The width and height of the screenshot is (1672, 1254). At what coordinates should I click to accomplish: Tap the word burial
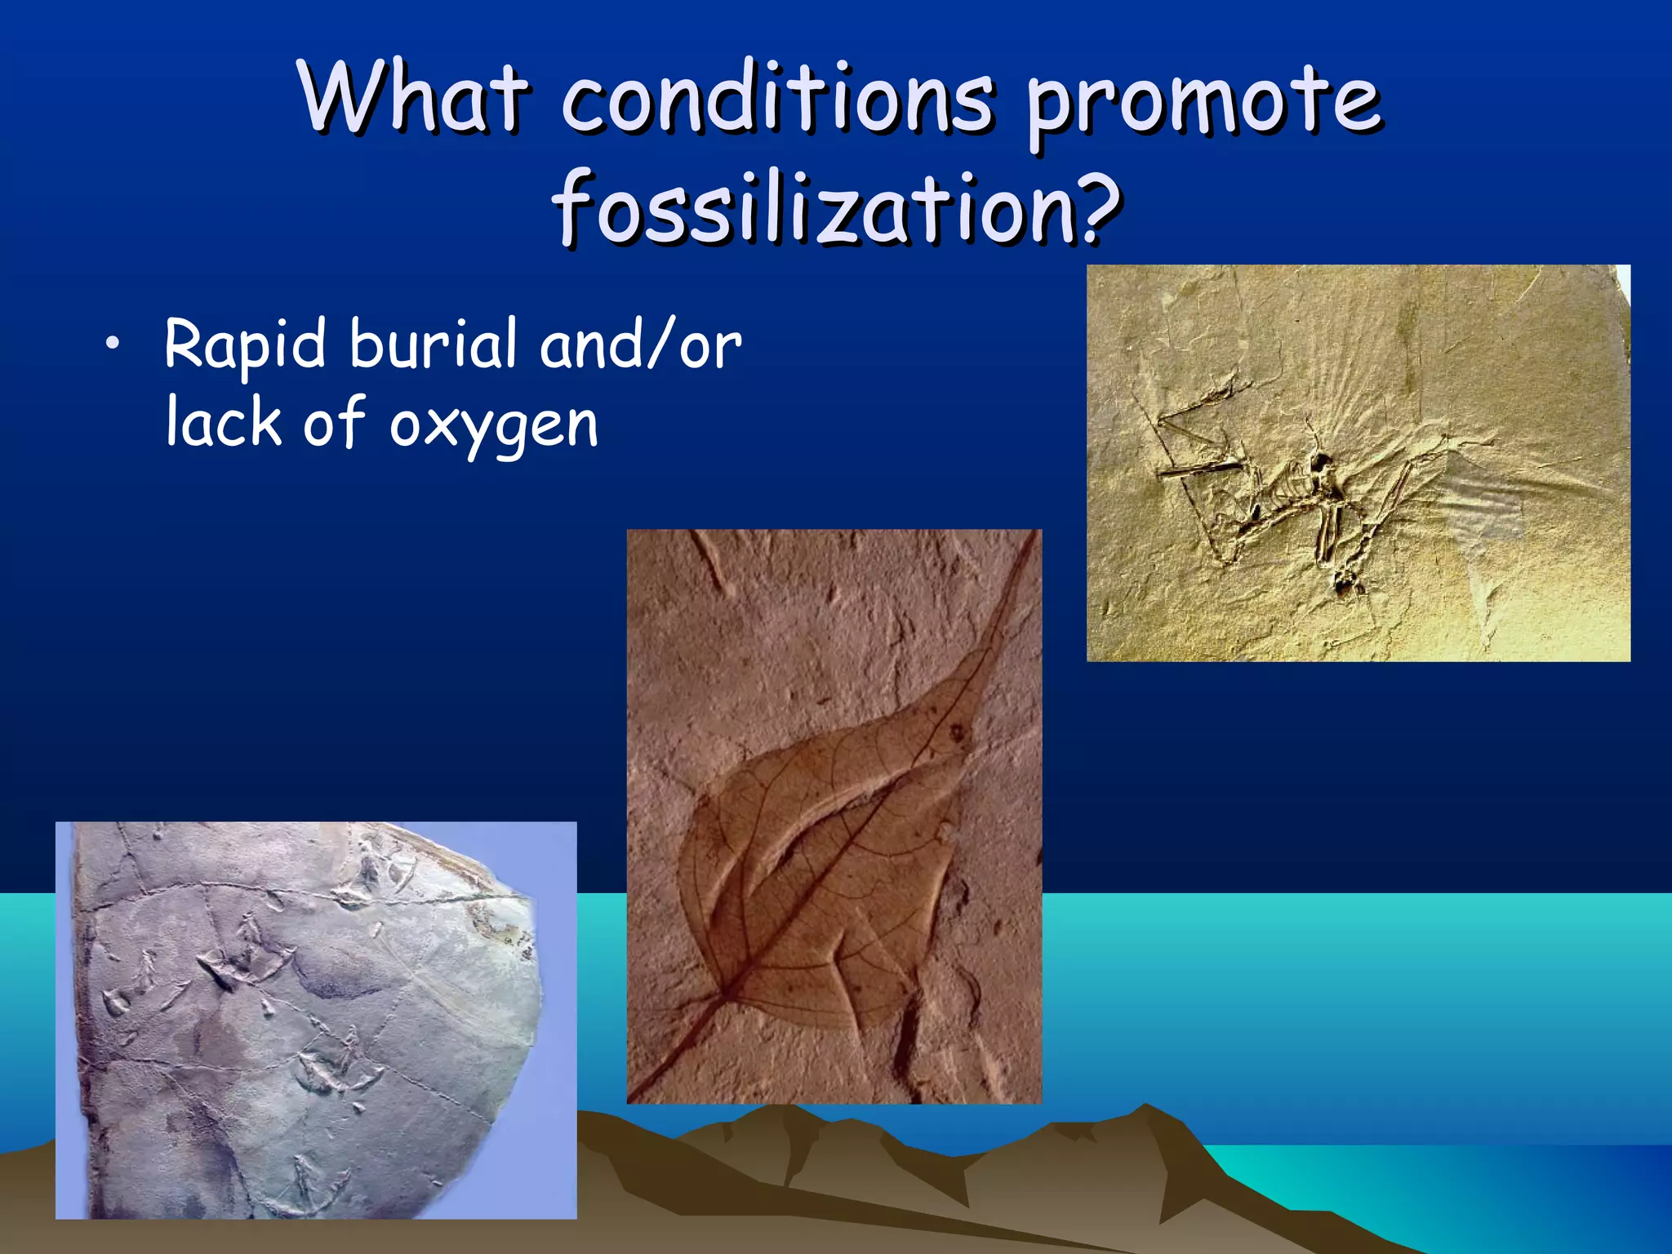point(433,344)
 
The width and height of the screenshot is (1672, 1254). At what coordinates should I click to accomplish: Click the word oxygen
point(493,427)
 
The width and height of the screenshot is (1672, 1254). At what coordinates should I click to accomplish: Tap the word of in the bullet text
point(334,422)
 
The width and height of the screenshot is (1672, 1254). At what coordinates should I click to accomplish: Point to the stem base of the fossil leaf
point(723,996)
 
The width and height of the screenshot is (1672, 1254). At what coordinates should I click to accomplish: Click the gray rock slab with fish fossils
point(310,1021)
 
